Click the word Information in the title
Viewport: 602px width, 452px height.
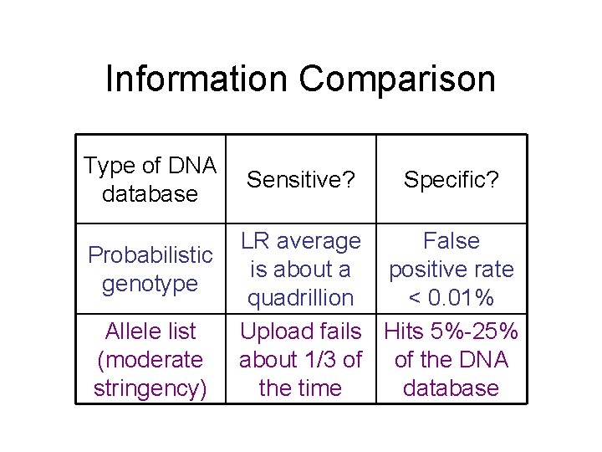coord(197,80)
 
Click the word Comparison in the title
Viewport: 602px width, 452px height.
coord(397,80)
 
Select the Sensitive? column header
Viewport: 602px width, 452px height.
coord(300,179)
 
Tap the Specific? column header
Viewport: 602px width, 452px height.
coord(451,179)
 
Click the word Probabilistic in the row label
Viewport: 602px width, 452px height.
coord(150,254)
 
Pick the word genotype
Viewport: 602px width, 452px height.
coord(150,283)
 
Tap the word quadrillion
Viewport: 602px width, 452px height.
coord(300,297)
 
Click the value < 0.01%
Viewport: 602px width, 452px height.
coord(451,297)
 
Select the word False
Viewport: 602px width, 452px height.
coord(451,241)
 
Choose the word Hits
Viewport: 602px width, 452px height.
coord(404,331)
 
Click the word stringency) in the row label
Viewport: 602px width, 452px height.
coord(150,388)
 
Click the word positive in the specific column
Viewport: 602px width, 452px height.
coord(426,270)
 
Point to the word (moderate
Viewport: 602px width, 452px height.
coord(150,360)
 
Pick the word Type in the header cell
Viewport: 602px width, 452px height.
coord(110,166)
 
